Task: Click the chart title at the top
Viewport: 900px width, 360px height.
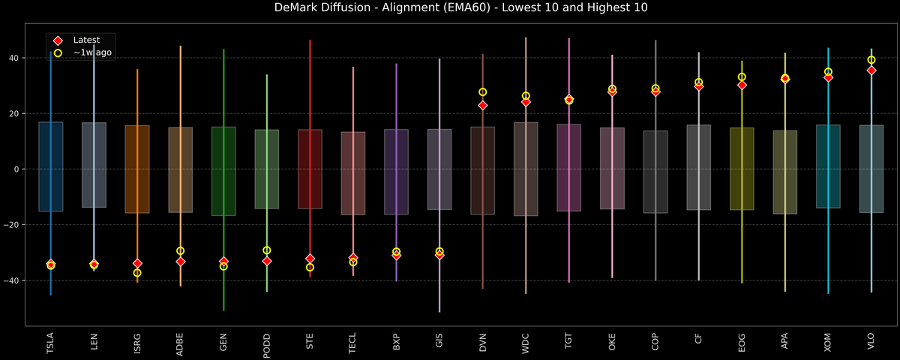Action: [x=450, y=8]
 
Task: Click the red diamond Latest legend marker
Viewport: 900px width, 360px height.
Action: [x=58, y=40]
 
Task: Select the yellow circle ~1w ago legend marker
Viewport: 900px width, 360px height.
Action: [x=58, y=52]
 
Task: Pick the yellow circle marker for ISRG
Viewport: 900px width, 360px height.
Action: [x=137, y=273]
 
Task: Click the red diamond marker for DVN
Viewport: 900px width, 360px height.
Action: [x=482, y=106]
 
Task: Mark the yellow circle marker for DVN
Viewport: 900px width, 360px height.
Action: [x=482, y=92]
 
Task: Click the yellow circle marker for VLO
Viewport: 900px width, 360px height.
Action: [x=871, y=60]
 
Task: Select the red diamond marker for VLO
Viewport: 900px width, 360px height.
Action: [x=871, y=70]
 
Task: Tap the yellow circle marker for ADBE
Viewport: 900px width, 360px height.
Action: [x=180, y=251]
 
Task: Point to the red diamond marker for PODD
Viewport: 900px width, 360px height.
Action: [x=266, y=261]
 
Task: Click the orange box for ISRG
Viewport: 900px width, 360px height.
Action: [x=137, y=169]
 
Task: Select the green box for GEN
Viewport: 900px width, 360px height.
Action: [x=223, y=171]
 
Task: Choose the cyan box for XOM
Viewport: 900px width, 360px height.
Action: [x=828, y=166]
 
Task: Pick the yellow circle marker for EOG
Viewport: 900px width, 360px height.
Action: [x=742, y=77]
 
